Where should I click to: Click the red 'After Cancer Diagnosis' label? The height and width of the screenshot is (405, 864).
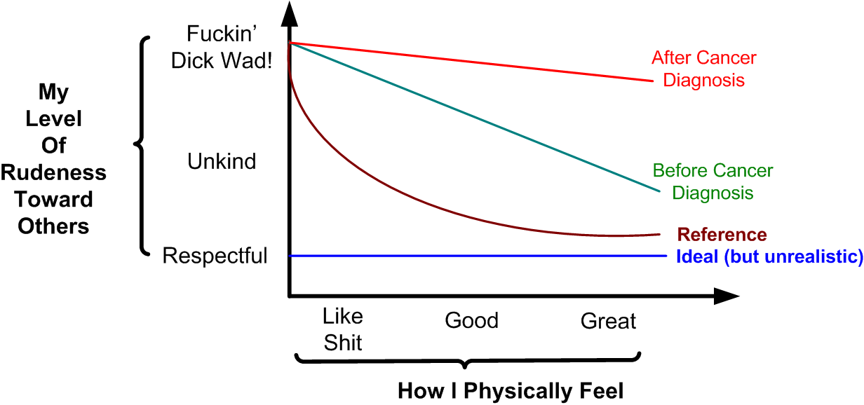pyautogui.click(x=703, y=68)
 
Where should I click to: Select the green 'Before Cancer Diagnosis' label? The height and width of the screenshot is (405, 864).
pyautogui.click(x=713, y=181)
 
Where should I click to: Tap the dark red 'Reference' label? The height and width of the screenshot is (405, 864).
pyautogui.click(x=722, y=234)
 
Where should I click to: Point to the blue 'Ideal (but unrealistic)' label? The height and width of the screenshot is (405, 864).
pyautogui.click(x=769, y=256)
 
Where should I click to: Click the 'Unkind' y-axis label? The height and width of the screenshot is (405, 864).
pyautogui.click(x=222, y=162)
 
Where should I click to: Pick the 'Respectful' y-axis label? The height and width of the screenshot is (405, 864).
pyautogui.click(x=215, y=256)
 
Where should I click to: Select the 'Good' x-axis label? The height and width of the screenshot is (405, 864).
pyautogui.click(x=471, y=321)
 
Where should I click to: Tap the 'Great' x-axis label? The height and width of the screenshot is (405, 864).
pyautogui.click(x=608, y=322)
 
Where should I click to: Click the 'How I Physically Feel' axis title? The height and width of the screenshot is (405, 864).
pyautogui.click(x=510, y=390)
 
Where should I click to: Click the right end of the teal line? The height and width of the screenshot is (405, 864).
pyautogui.click(x=659, y=191)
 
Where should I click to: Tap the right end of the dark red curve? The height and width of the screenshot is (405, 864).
pyautogui.click(x=660, y=234)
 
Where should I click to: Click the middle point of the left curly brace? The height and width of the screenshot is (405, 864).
pyautogui.click(x=136, y=146)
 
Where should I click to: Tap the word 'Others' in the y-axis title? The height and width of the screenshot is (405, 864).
pyautogui.click(x=54, y=226)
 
